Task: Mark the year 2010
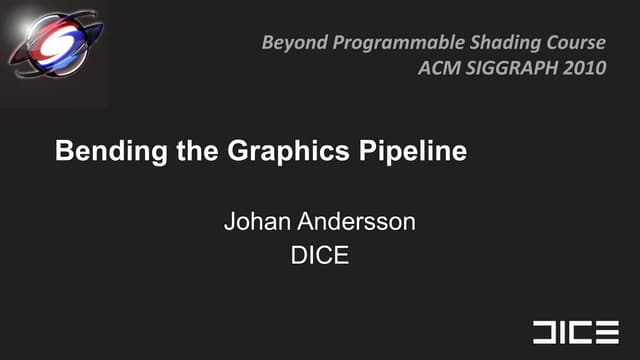pyautogui.click(x=583, y=69)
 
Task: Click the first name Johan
pyautogui.click(x=254, y=221)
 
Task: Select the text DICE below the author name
pyautogui.click(x=319, y=255)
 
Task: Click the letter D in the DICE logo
pyautogui.click(x=546, y=332)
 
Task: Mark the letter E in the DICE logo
pyautogui.click(x=609, y=332)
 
